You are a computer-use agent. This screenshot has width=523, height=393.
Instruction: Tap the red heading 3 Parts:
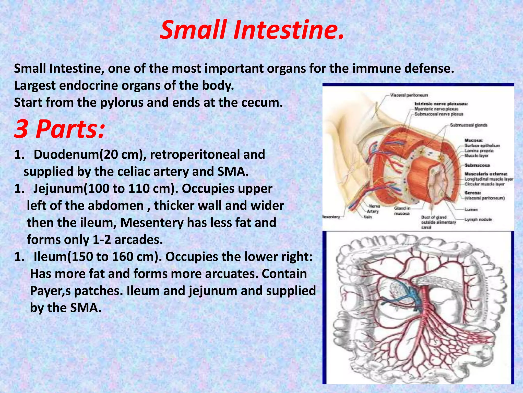tap(59, 128)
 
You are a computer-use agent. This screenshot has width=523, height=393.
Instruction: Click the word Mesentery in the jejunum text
tap(152, 223)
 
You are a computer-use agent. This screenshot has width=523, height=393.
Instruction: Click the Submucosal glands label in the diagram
tap(469, 125)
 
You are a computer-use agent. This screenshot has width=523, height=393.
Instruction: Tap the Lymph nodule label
tap(478, 220)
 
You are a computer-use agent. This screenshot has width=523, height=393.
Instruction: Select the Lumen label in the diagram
tap(471, 210)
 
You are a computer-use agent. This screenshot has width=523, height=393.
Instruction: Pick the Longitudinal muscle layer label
tap(489, 179)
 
